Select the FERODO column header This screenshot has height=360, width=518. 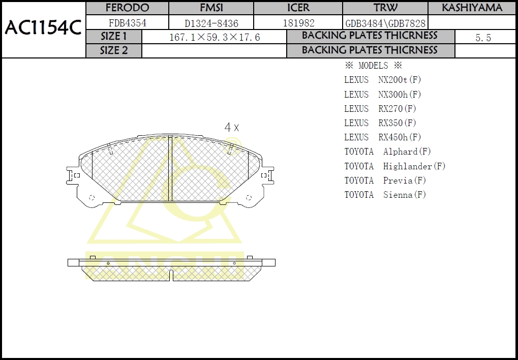click(x=127, y=8)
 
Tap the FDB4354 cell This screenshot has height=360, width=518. click(x=127, y=23)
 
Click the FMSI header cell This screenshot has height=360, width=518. click(x=211, y=8)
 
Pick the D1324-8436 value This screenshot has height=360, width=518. click(x=211, y=23)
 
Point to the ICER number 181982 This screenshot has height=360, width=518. click(x=298, y=23)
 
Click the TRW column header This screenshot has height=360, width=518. click(x=385, y=8)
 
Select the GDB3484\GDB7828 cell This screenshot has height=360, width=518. click(x=385, y=23)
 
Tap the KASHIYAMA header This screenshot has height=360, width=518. click(x=472, y=8)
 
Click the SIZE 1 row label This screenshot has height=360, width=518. click(x=114, y=37)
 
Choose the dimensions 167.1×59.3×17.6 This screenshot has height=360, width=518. click(x=214, y=37)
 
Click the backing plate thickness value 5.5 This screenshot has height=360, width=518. click(x=483, y=38)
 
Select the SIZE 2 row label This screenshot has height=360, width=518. click(x=114, y=50)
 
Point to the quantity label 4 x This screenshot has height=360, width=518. click(x=232, y=128)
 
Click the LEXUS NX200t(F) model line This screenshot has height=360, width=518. click(x=382, y=80)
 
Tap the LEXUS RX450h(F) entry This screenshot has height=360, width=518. click(x=382, y=137)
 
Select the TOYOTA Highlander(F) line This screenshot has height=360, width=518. click(x=394, y=166)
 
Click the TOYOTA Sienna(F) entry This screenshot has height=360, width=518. click(x=385, y=195)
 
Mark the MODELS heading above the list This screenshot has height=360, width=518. click(x=373, y=66)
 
